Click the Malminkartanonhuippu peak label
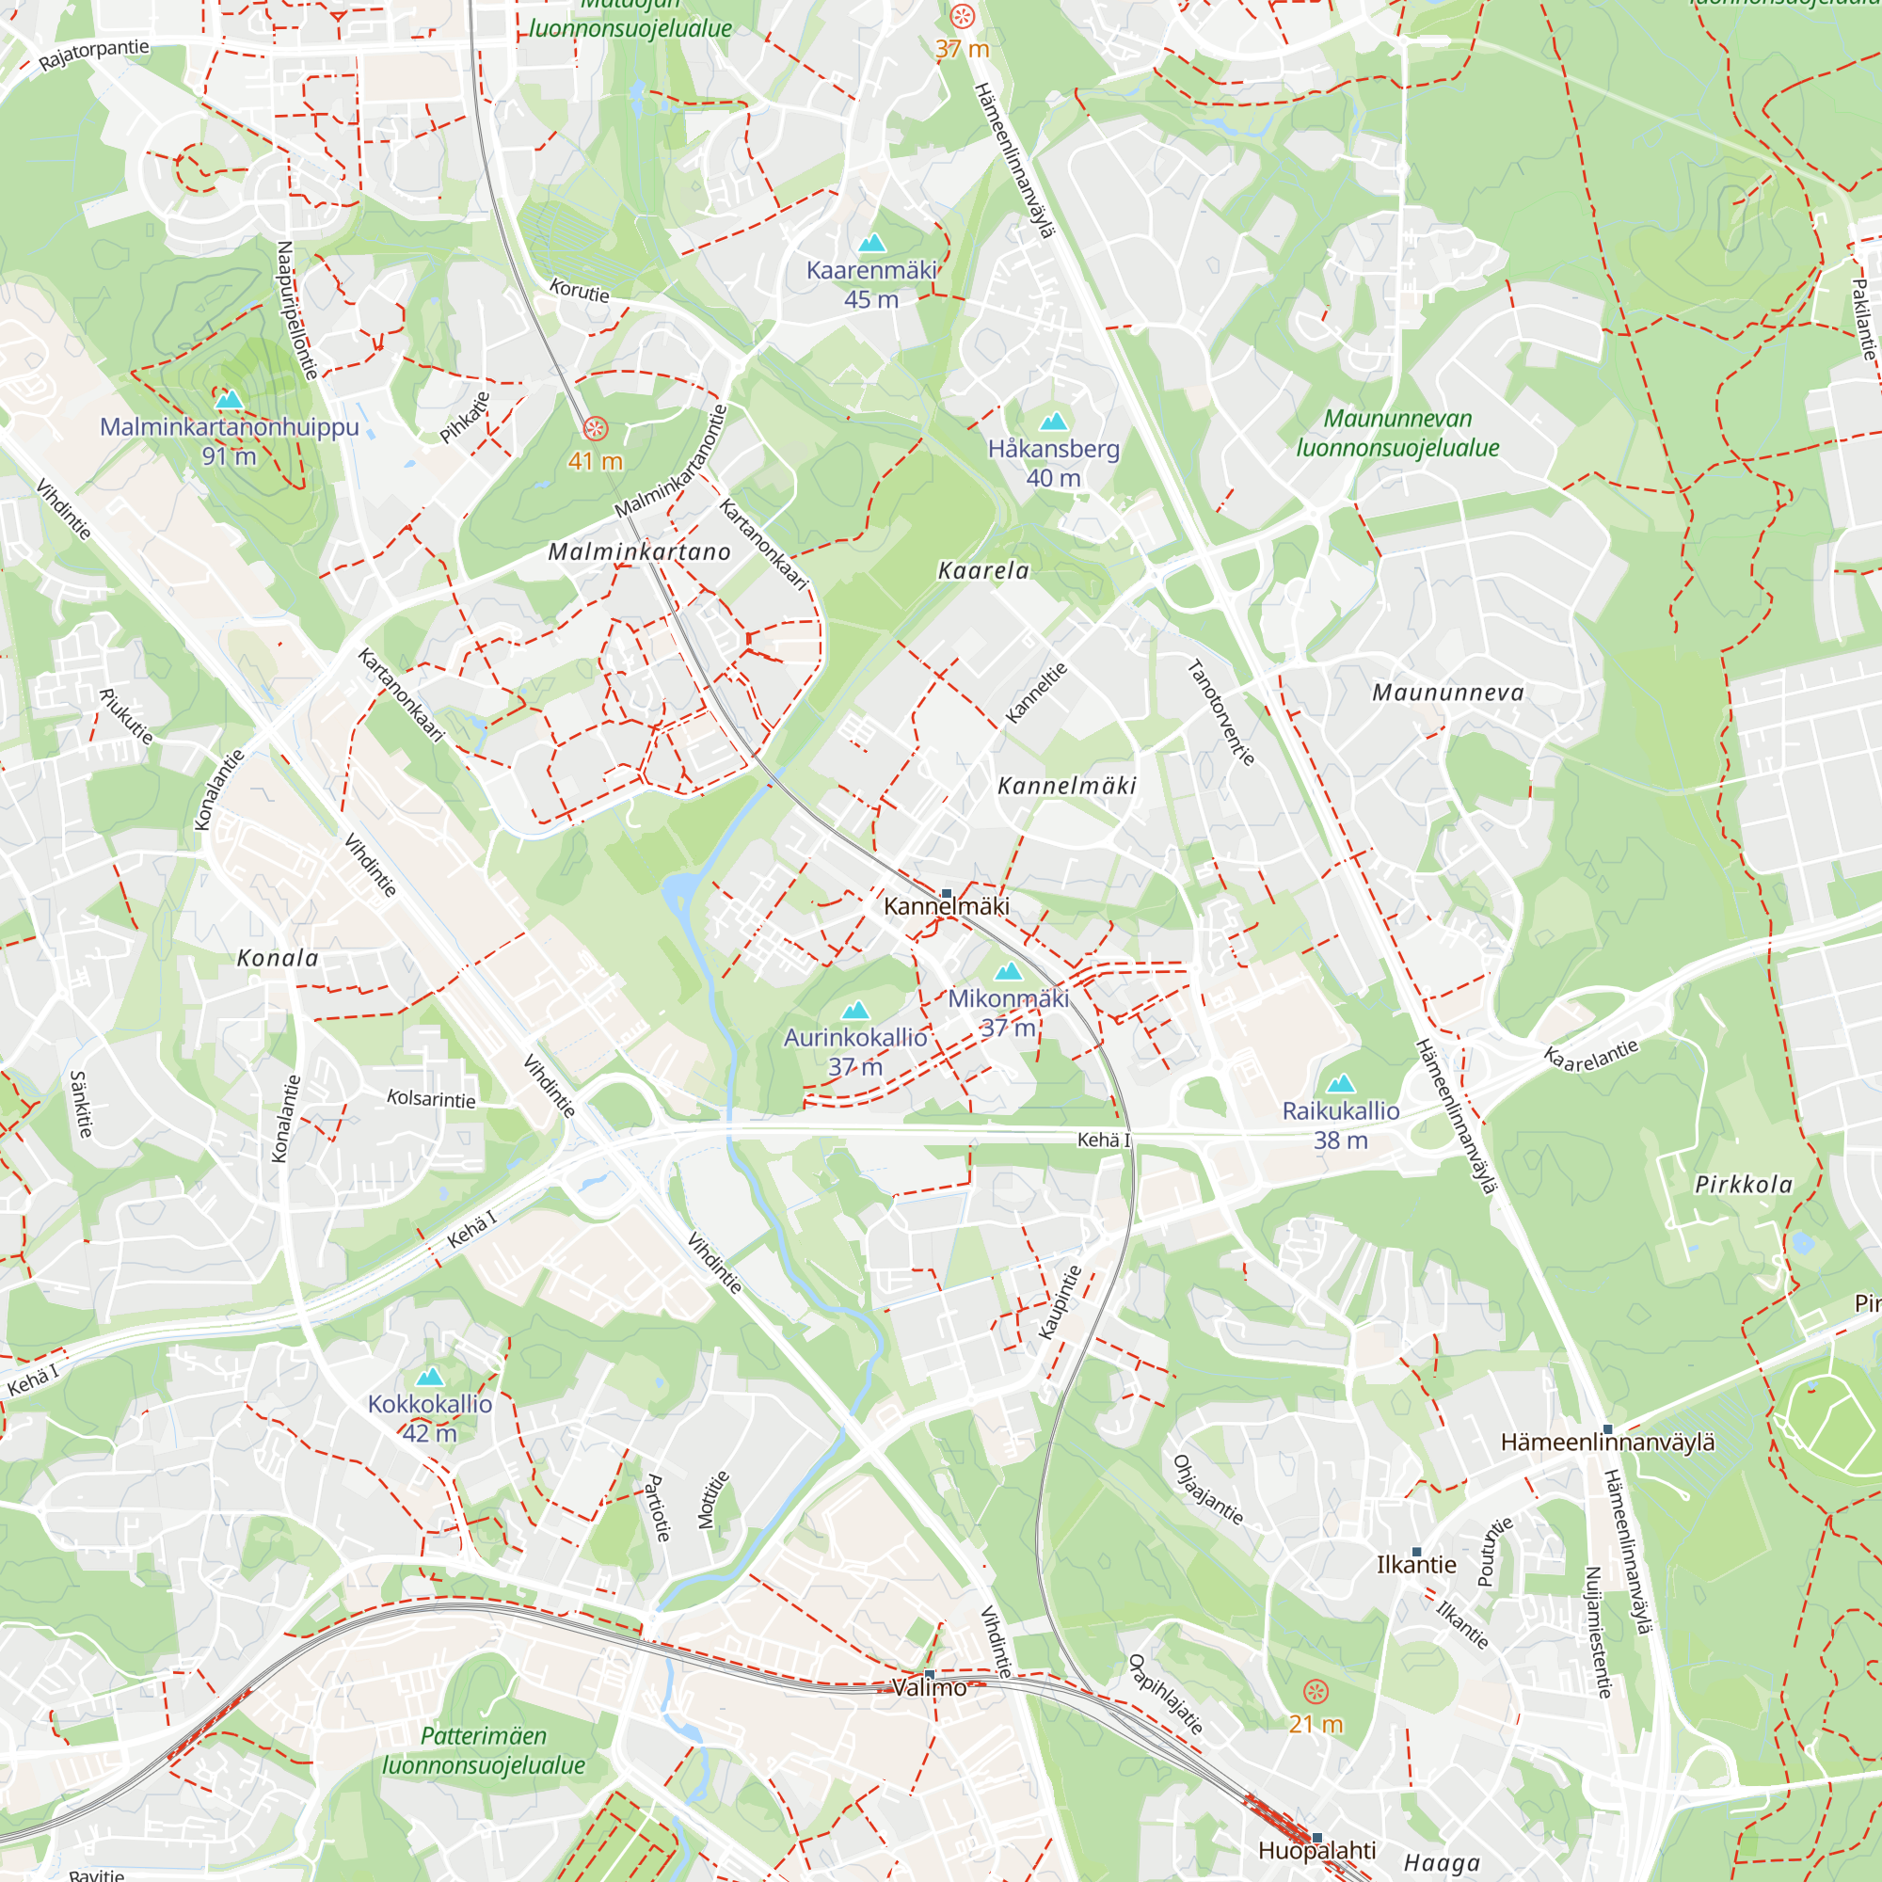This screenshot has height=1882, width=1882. point(229,426)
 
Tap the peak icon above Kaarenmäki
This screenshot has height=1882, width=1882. point(872,243)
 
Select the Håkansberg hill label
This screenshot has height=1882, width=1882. point(1053,449)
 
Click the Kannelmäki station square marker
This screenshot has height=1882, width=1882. point(946,893)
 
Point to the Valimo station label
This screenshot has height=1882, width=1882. point(930,1688)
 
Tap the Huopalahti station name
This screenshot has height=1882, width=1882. point(1316,1850)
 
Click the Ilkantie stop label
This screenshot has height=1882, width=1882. point(1415,1565)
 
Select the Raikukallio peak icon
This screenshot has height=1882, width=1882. point(1341,1083)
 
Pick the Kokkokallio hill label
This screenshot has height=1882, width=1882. point(430,1404)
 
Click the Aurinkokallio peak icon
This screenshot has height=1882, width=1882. point(855,1010)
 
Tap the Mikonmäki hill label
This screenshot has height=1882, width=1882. point(1008,998)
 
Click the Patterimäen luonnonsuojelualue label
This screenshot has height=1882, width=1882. point(483,1750)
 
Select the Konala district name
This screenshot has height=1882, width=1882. point(278,959)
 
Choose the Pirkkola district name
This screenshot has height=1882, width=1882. point(1744,1185)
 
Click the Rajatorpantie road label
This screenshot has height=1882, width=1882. point(94,55)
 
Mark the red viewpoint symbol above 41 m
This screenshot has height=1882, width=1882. point(596,428)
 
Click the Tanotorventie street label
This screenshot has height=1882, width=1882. point(1220,713)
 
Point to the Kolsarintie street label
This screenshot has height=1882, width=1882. point(432,1099)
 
